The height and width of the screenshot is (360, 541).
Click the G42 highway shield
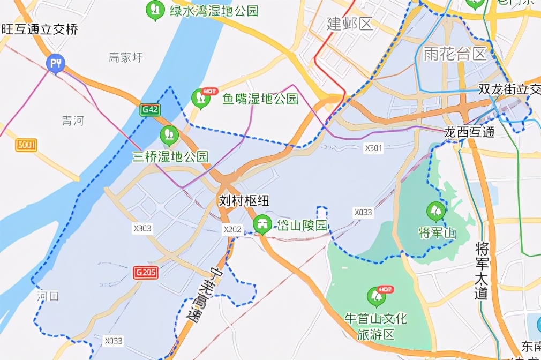[150, 110]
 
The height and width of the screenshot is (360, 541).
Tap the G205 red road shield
[146, 273]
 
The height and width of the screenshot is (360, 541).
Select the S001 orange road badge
[26, 145]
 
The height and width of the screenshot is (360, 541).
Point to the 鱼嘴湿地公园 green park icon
[201, 97]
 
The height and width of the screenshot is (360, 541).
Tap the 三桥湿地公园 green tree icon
[169, 135]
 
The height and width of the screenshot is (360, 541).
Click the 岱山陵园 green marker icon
[262, 224]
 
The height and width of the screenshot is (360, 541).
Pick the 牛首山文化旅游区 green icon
[376, 296]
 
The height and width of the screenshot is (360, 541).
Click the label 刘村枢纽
[244, 201]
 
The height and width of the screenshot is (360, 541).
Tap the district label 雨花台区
[454, 54]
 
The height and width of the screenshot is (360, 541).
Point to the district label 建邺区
[350, 24]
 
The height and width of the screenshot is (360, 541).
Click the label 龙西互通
[469, 132]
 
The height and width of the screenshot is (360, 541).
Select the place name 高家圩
[126, 57]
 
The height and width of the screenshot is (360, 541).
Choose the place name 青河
[73, 121]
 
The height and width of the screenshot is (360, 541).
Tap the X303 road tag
[142, 229]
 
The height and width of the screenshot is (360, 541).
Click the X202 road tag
[232, 229]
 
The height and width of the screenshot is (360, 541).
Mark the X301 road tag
[373, 148]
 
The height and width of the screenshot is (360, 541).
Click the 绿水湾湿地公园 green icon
[155, 10]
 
